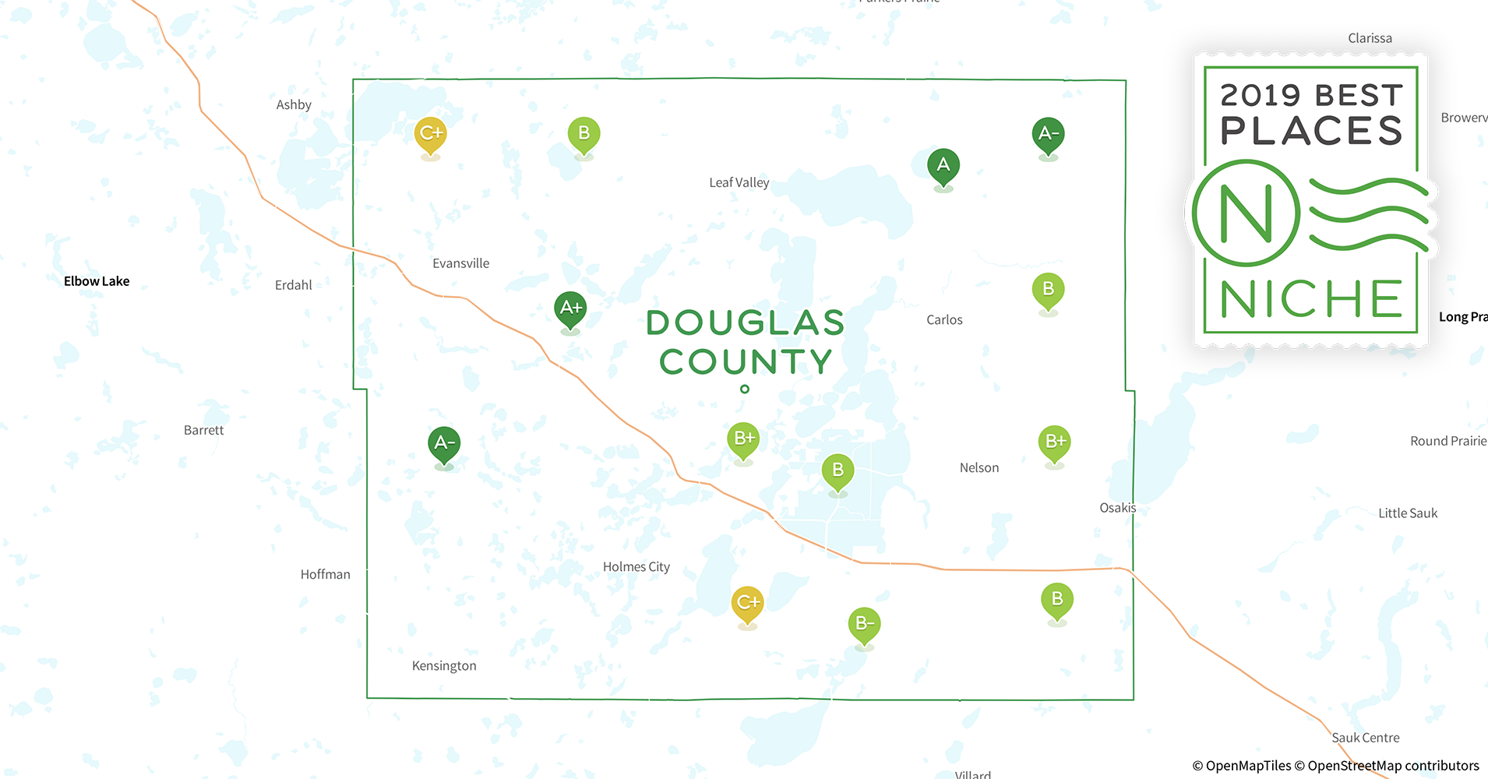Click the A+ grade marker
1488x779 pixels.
pyautogui.click(x=570, y=308)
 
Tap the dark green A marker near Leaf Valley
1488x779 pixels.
pyautogui.click(x=943, y=166)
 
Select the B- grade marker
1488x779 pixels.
pyautogui.click(x=864, y=624)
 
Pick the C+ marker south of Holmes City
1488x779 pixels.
pyautogui.click(x=747, y=603)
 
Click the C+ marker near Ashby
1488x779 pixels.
pyautogui.click(x=430, y=133)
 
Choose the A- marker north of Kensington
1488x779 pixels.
pyautogui.click(x=444, y=444)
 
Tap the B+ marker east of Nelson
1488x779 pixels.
pyautogui.click(x=1054, y=442)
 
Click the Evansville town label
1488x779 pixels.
pyautogui.click(x=460, y=263)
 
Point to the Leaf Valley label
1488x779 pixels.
pyautogui.click(x=739, y=182)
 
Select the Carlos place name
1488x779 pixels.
pyautogui.click(x=944, y=319)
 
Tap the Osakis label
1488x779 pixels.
pyautogui.click(x=1117, y=508)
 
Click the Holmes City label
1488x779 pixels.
pyautogui.click(x=636, y=567)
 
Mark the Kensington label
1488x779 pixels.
pyautogui.click(x=444, y=666)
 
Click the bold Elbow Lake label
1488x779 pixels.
pyautogui.click(x=97, y=281)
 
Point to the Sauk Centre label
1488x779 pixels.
pyautogui.click(x=1365, y=738)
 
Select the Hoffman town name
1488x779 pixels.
pyautogui.click(x=325, y=574)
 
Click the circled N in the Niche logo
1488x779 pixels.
pyautogui.click(x=1246, y=213)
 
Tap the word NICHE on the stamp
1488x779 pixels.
pyautogui.click(x=1311, y=300)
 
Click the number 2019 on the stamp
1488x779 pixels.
pyautogui.click(x=1261, y=96)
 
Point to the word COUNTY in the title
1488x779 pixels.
pyautogui.click(x=746, y=361)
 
